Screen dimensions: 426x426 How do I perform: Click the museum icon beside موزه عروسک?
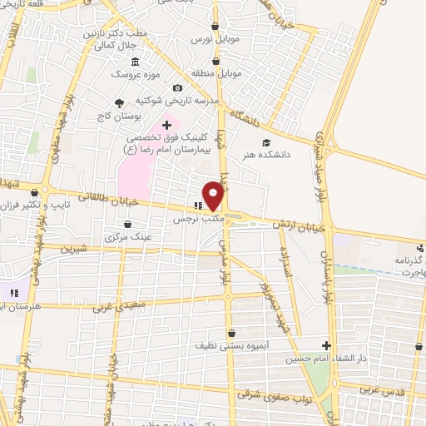135,62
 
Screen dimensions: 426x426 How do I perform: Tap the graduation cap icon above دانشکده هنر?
265,141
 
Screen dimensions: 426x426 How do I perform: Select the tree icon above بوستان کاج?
119,103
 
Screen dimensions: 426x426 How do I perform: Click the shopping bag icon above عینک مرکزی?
127,224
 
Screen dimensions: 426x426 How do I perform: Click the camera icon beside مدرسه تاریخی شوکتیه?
177,88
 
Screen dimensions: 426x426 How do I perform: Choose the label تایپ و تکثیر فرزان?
26,205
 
